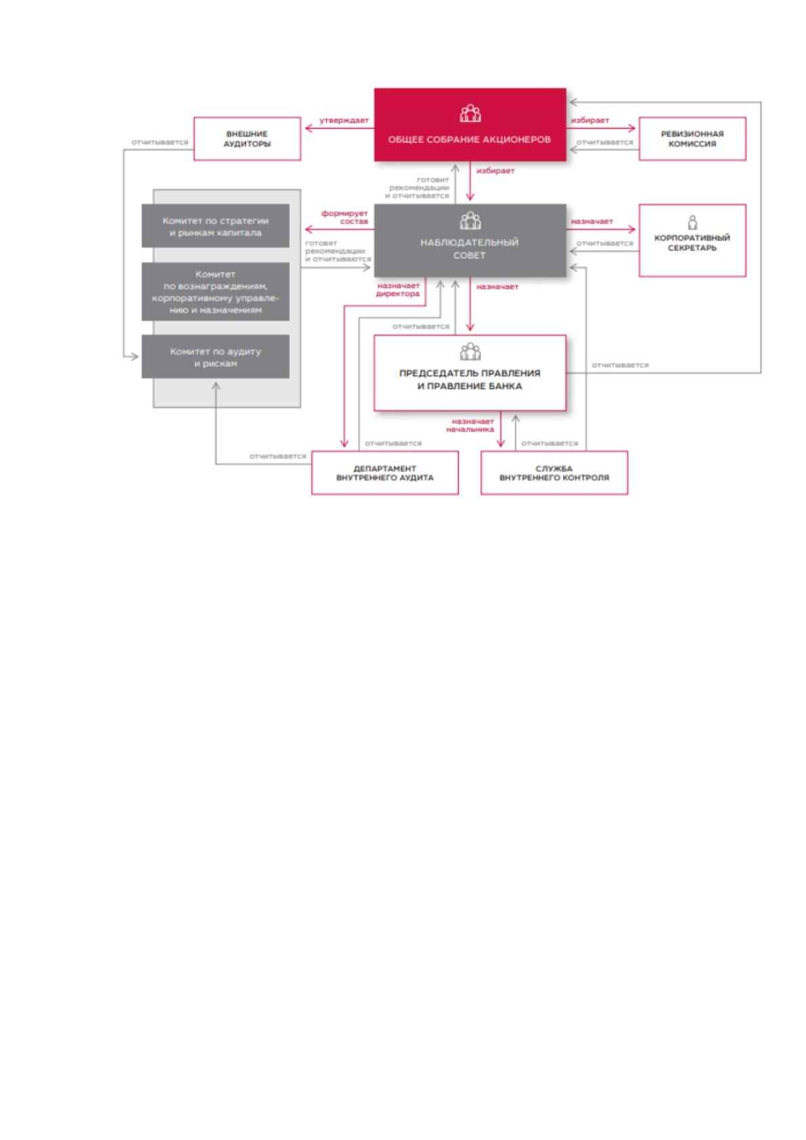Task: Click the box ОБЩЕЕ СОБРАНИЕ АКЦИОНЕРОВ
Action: point(470,125)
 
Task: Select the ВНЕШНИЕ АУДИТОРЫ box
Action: point(247,139)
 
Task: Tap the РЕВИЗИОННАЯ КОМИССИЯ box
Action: point(692,139)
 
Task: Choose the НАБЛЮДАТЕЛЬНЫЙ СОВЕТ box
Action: point(470,241)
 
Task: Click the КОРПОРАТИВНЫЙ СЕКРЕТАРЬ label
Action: point(692,243)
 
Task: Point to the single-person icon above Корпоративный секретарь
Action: point(692,223)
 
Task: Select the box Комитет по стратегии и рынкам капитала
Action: point(215,226)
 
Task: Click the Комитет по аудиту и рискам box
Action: point(215,357)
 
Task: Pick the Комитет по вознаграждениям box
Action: point(215,292)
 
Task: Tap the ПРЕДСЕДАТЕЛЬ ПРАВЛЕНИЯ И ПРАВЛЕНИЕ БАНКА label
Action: point(470,380)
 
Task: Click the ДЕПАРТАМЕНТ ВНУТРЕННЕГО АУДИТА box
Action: point(384,473)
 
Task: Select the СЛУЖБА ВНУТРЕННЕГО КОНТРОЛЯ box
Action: point(554,473)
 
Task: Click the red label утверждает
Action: point(344,120)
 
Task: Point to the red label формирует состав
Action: point(344,217)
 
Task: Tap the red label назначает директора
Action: point(398,290)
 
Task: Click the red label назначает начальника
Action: point(470,425)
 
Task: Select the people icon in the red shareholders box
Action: point(470,113)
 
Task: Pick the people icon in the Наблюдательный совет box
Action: point(470,221)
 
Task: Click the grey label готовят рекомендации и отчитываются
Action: point(338,251)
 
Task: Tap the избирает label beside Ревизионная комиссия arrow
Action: point(589,120)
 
